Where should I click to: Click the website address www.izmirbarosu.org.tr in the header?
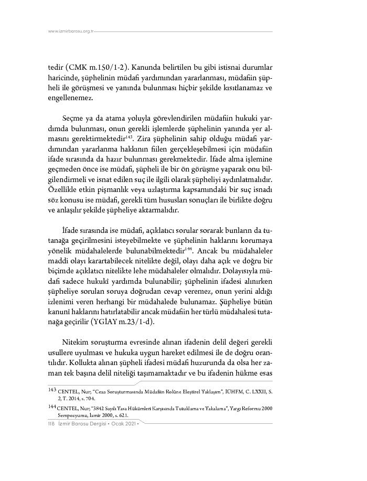click(70, 31)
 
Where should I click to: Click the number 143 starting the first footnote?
click(52, 389)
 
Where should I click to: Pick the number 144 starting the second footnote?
click(52, 406)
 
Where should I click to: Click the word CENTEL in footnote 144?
click(69, 407)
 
